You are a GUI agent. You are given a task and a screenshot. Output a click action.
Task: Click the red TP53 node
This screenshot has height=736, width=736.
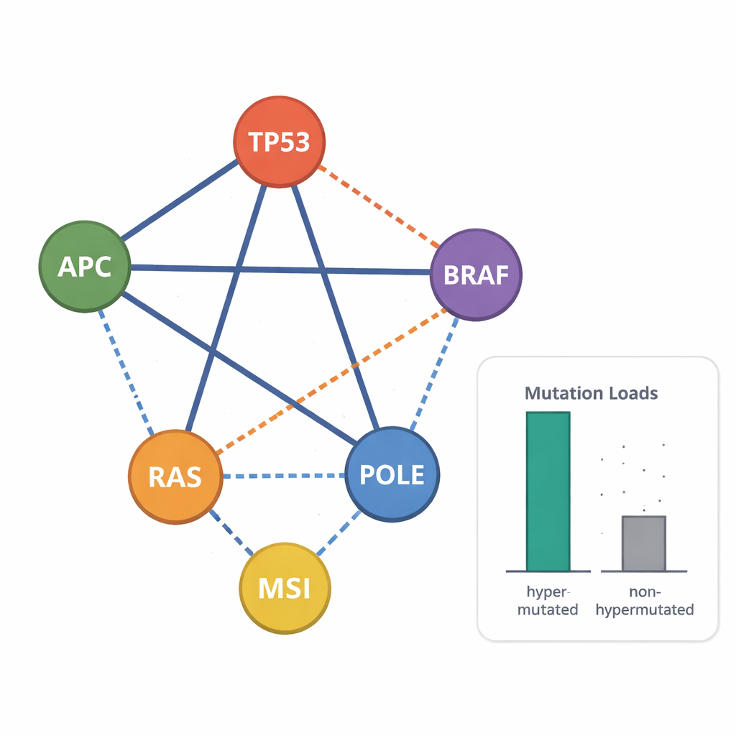(280, 142)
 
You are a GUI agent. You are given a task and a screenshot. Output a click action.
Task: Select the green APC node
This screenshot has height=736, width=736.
(85, 267)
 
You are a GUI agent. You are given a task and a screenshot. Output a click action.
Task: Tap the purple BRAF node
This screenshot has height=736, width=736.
(476, 275)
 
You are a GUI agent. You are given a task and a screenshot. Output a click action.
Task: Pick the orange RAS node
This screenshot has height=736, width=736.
(175, 477)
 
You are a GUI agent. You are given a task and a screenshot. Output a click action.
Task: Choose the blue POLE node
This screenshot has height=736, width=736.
(392, 474)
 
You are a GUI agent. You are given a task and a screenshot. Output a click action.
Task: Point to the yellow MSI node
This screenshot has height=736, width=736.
(285, 588)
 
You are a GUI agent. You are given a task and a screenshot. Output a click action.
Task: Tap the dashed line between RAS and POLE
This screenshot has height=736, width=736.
(284, 476)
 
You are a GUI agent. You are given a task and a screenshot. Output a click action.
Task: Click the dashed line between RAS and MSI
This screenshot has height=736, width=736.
(231, 533)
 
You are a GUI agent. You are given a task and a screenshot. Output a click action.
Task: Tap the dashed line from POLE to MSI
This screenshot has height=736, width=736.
(338, 532)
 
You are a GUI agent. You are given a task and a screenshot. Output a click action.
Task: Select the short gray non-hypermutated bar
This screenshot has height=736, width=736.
(643, 543)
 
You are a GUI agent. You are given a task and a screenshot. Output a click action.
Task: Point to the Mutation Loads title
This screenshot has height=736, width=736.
(591, 393)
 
